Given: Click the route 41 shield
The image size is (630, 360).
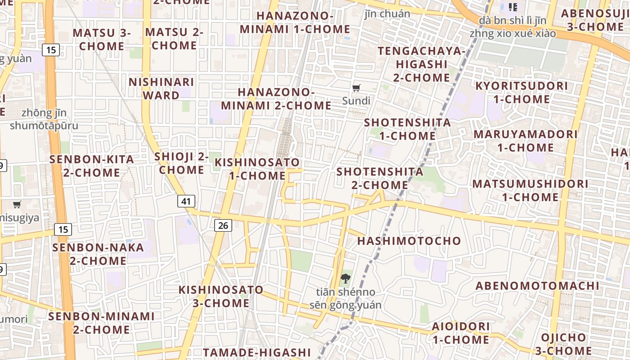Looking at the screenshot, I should tap(186, 201).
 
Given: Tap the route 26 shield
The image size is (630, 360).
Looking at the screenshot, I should tap(223, 225).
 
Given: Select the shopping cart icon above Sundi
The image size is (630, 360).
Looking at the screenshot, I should tap(356, 88).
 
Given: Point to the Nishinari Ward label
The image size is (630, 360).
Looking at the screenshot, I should tap(161, 89).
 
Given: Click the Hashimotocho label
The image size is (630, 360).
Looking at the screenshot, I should tap(409, 241).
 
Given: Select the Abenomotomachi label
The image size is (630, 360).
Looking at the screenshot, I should tap(537, 286).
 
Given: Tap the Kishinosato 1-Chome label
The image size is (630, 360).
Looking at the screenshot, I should tap(257, 169).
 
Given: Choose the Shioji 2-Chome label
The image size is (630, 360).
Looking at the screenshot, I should tap(181, 163).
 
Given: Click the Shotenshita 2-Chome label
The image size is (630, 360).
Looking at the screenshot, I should tap(380, 178).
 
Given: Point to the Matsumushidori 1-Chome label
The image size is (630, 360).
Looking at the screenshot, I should tap(530, 190).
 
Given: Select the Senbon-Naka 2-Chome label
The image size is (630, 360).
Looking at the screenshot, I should tap(98, 254).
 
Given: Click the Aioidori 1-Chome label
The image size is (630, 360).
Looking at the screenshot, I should tap(461, 333).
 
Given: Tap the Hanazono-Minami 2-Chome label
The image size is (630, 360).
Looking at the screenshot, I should tap(276, 99).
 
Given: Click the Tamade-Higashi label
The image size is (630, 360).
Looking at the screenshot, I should tap(256, 352).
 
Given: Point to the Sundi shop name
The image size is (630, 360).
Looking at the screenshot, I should tap(356, 100).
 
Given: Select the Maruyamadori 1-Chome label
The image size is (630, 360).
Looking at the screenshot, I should tap(525, 141).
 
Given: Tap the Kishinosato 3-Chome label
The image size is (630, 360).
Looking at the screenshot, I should tap(221, 296).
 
